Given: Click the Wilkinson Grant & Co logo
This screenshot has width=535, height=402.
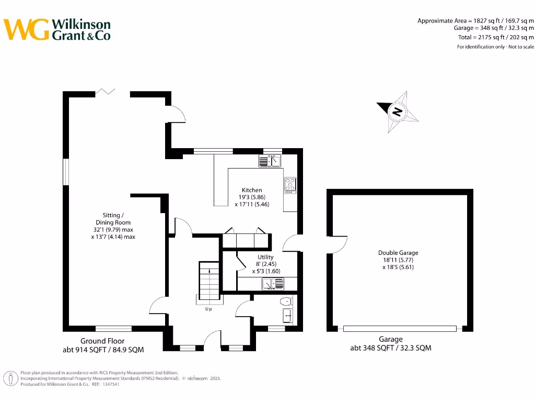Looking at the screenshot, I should point(57,29).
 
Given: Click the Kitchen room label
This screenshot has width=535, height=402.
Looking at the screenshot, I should point(252,197).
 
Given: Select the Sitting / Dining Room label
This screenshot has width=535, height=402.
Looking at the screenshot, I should point(113,226).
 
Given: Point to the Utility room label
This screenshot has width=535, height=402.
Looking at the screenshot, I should point(265,264).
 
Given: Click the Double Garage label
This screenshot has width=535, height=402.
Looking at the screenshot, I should point(398,260).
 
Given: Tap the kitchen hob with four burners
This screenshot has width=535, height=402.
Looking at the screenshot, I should point(290,185).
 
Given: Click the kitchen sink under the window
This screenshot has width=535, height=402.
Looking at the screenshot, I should point(270,161).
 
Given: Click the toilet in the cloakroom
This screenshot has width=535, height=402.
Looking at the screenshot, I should point(286,301).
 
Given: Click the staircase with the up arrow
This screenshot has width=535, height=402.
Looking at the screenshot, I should point(208,280).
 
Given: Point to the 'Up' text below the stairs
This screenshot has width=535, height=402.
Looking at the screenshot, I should point(208,309).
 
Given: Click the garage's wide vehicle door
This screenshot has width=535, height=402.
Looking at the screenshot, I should point(400,329).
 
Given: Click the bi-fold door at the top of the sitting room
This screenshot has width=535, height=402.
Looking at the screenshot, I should point(105,93).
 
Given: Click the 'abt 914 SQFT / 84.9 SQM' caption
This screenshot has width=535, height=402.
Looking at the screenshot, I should point(102,349).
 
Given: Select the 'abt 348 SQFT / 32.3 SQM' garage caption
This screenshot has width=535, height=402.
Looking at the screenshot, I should point(391,348).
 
